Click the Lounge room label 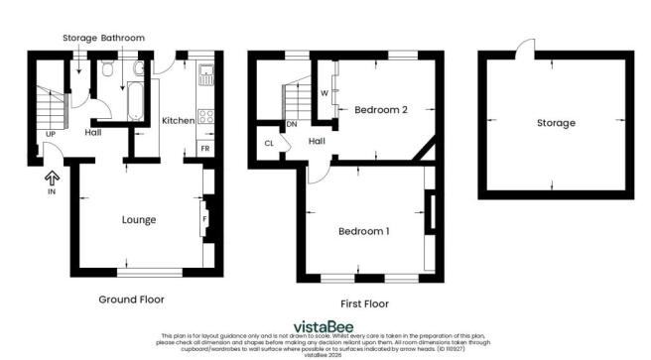pyautogui.click(x=139, y=219)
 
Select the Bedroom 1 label pyautogui.click(x=363, y=231)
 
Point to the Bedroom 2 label pyautogui.click(x=381, y=110)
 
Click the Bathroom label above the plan pyautogui.click(x=123, y=38)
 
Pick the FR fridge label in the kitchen pyautogui.click(x=204, y=147)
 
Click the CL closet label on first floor pyautogui.click(x=269, y=143)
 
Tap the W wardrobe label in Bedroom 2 pyautogui.click(x=325, y=94)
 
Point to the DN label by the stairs pyautogui.click(x=292, y=125)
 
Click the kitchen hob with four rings pyautogui.click(x=208, y=116)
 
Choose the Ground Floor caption pyautogui.click(x=131, y=299)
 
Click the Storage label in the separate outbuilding pyautogui.click(x=556, y=123)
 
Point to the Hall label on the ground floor pyautogui.click(x=93, y=132)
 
